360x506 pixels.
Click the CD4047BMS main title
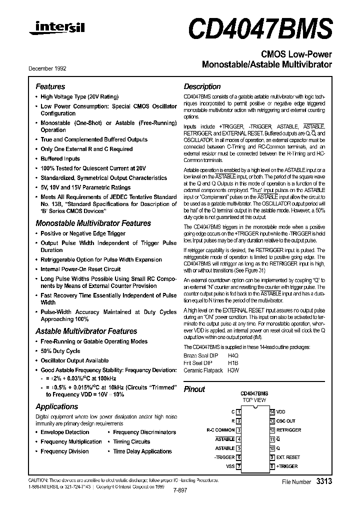(x=259, y=28)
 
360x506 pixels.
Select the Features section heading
(x=50, y=86)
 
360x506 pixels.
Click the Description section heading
(x=202, y=86)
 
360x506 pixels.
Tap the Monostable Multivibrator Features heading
(x=93, y=223)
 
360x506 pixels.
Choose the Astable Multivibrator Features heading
(x=86, y=331)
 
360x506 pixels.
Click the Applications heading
(x=56, y=406)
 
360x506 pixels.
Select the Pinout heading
(x=194, y=389)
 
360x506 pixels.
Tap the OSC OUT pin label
(x=286, y=420)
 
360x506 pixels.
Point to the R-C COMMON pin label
(x=220, y=430)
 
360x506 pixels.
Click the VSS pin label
(x=230, y=466)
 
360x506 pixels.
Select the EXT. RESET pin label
(x=288, y=457)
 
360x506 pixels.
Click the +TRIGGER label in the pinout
(x=287, y=466)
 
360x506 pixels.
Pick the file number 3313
(x=324, y=480)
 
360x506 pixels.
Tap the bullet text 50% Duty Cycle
(x=60, y=351)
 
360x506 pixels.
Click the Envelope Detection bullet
(x=64, y=432)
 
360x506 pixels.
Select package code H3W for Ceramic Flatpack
(x=233, y=370)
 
